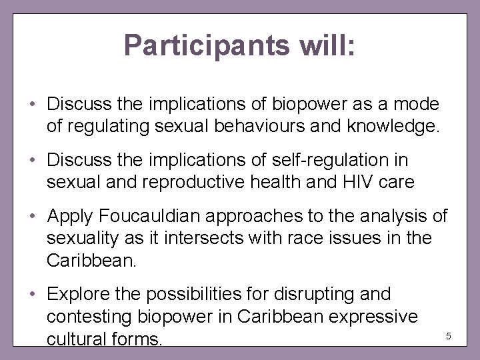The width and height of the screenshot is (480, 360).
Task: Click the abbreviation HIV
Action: point(329,181)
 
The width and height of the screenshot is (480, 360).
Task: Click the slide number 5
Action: point(448,335)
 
